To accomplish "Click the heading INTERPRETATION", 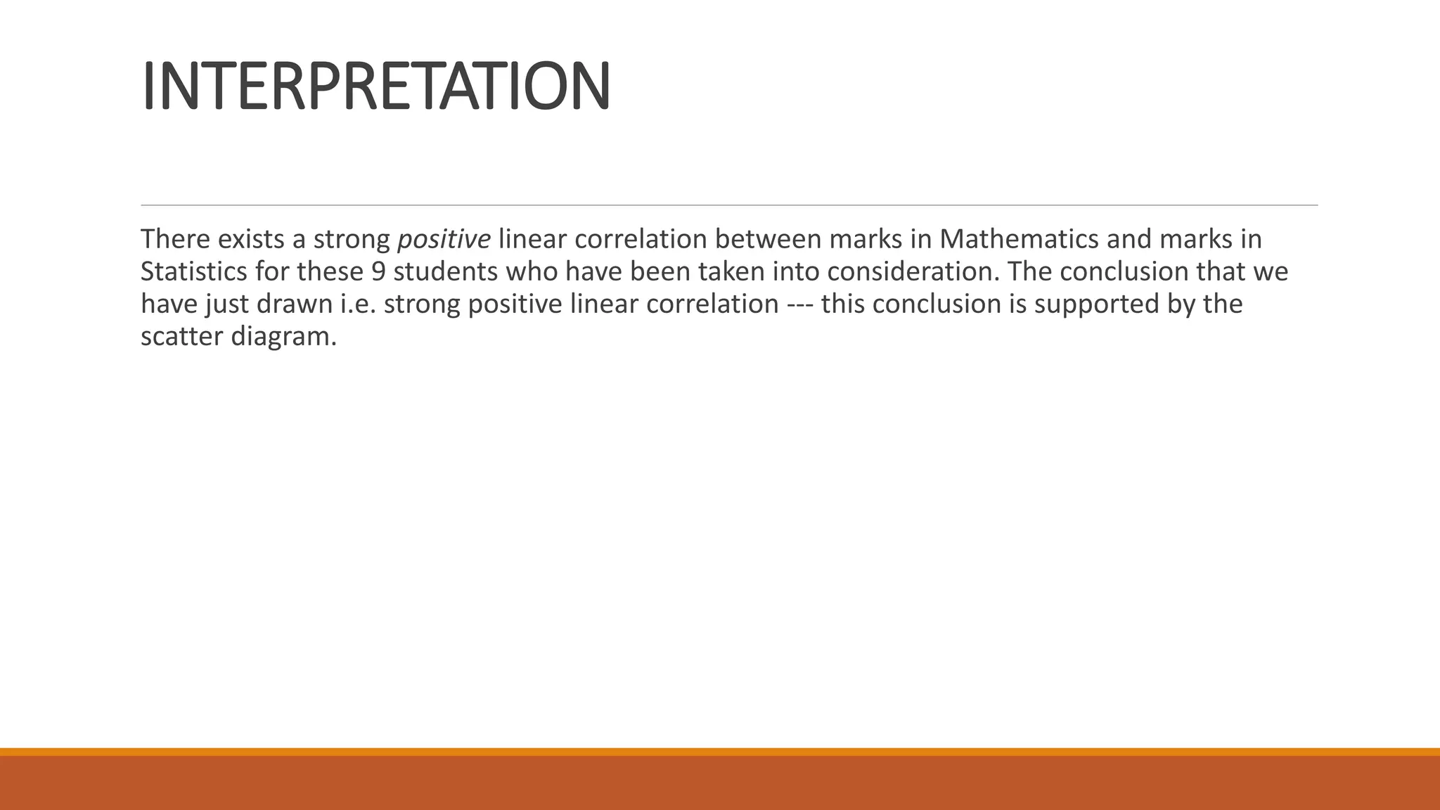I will pos(375,86).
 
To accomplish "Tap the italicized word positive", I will pos(444,240).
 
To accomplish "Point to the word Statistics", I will pos(193,272).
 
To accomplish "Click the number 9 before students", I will pos(378,272).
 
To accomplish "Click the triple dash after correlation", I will pos(799,304).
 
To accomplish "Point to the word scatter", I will pos(181,337).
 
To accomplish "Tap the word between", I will pos(768,240).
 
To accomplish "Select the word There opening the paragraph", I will pos(175,240).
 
